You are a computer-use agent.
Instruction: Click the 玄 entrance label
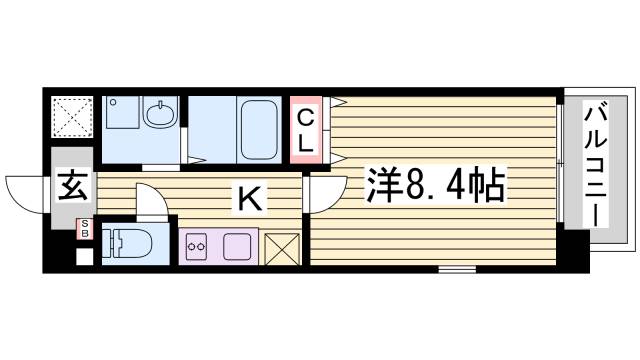coord(70,187)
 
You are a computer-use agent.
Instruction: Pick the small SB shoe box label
coord(85,227)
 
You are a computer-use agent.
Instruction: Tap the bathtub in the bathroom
coord(256,127)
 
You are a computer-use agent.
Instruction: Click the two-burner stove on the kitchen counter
coord(195,244)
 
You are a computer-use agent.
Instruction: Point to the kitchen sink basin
coord(239,245)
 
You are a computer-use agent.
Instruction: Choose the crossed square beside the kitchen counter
coord(282,246)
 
